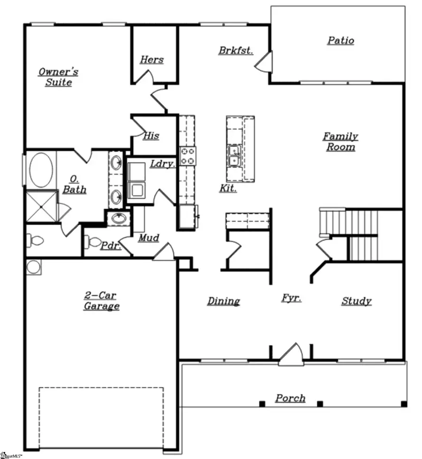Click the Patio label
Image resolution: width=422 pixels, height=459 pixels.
click(340, 41)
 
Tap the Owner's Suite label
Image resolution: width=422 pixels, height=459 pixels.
click(59, 77)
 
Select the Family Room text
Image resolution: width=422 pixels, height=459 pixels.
click(340, 141)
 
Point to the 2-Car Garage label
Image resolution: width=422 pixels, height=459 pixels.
click(101, 301)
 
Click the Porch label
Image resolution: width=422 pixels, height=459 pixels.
click(290, 398)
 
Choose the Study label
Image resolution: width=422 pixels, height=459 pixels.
click(356, 301)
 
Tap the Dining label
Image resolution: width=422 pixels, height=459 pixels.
click(224, 301)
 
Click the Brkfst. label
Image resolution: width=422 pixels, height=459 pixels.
click(236, 50)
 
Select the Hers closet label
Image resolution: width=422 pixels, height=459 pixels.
click(152, 60)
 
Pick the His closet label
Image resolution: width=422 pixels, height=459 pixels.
click(151, 136)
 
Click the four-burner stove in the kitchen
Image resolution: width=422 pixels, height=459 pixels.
click(188, 155)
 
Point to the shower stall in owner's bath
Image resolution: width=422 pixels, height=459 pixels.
click(39, 206)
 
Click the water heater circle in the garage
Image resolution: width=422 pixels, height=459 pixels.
click(33, 267)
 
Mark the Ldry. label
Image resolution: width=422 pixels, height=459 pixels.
click(163, 164)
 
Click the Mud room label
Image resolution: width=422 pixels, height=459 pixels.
click(148, 238)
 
